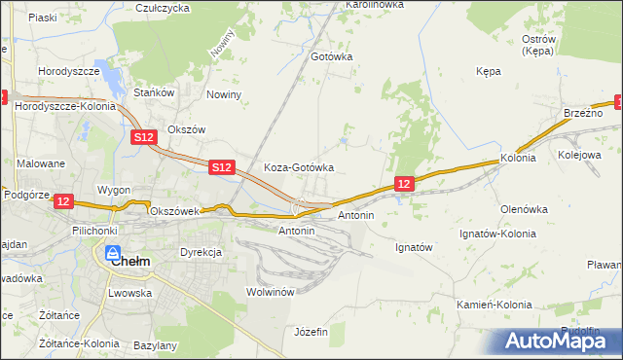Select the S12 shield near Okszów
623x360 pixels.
(143, 138)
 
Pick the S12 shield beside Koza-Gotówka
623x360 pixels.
(221, 167)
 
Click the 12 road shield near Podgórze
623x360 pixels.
(63, 201)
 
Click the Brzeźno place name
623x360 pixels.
(583, 114)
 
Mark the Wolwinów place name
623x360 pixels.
(270, 292)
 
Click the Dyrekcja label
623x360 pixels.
(202, 252)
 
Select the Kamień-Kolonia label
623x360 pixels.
(495, 305)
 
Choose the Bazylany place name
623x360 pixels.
(154, 345)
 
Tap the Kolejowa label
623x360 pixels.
(581, 155)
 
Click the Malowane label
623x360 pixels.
(40, 164)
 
